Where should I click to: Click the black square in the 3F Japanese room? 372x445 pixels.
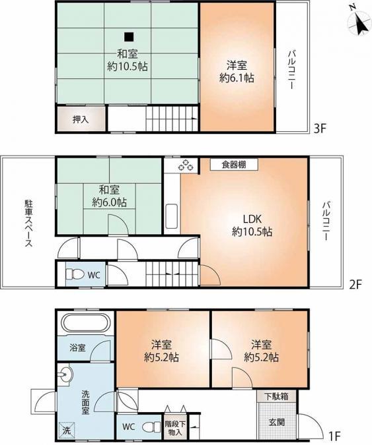point(129,36)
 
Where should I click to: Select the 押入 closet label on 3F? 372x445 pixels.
point(81,119)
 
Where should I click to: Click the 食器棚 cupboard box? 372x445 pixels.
point(234,164)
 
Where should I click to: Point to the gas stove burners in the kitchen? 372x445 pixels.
point(186,165)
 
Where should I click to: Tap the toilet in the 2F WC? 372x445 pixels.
point(75,274)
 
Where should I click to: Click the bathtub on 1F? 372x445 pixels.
point(87,323)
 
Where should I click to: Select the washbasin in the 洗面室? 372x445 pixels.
point(65,374)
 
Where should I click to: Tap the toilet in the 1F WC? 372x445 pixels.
point(151,427)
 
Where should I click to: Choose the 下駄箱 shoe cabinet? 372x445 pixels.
point(276,396)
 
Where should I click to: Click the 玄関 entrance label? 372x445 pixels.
point(277,423)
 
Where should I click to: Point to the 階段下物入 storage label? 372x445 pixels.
point(174,429)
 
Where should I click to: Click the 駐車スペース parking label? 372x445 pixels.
point(28,223)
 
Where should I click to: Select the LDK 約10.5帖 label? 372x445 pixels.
point(252,225)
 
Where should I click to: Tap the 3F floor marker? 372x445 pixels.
point(319,129)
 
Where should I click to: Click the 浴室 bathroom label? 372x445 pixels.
point(78,348)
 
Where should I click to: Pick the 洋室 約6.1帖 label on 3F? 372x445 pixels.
point(237,71)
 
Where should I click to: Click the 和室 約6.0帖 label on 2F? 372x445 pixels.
point(109,196)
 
